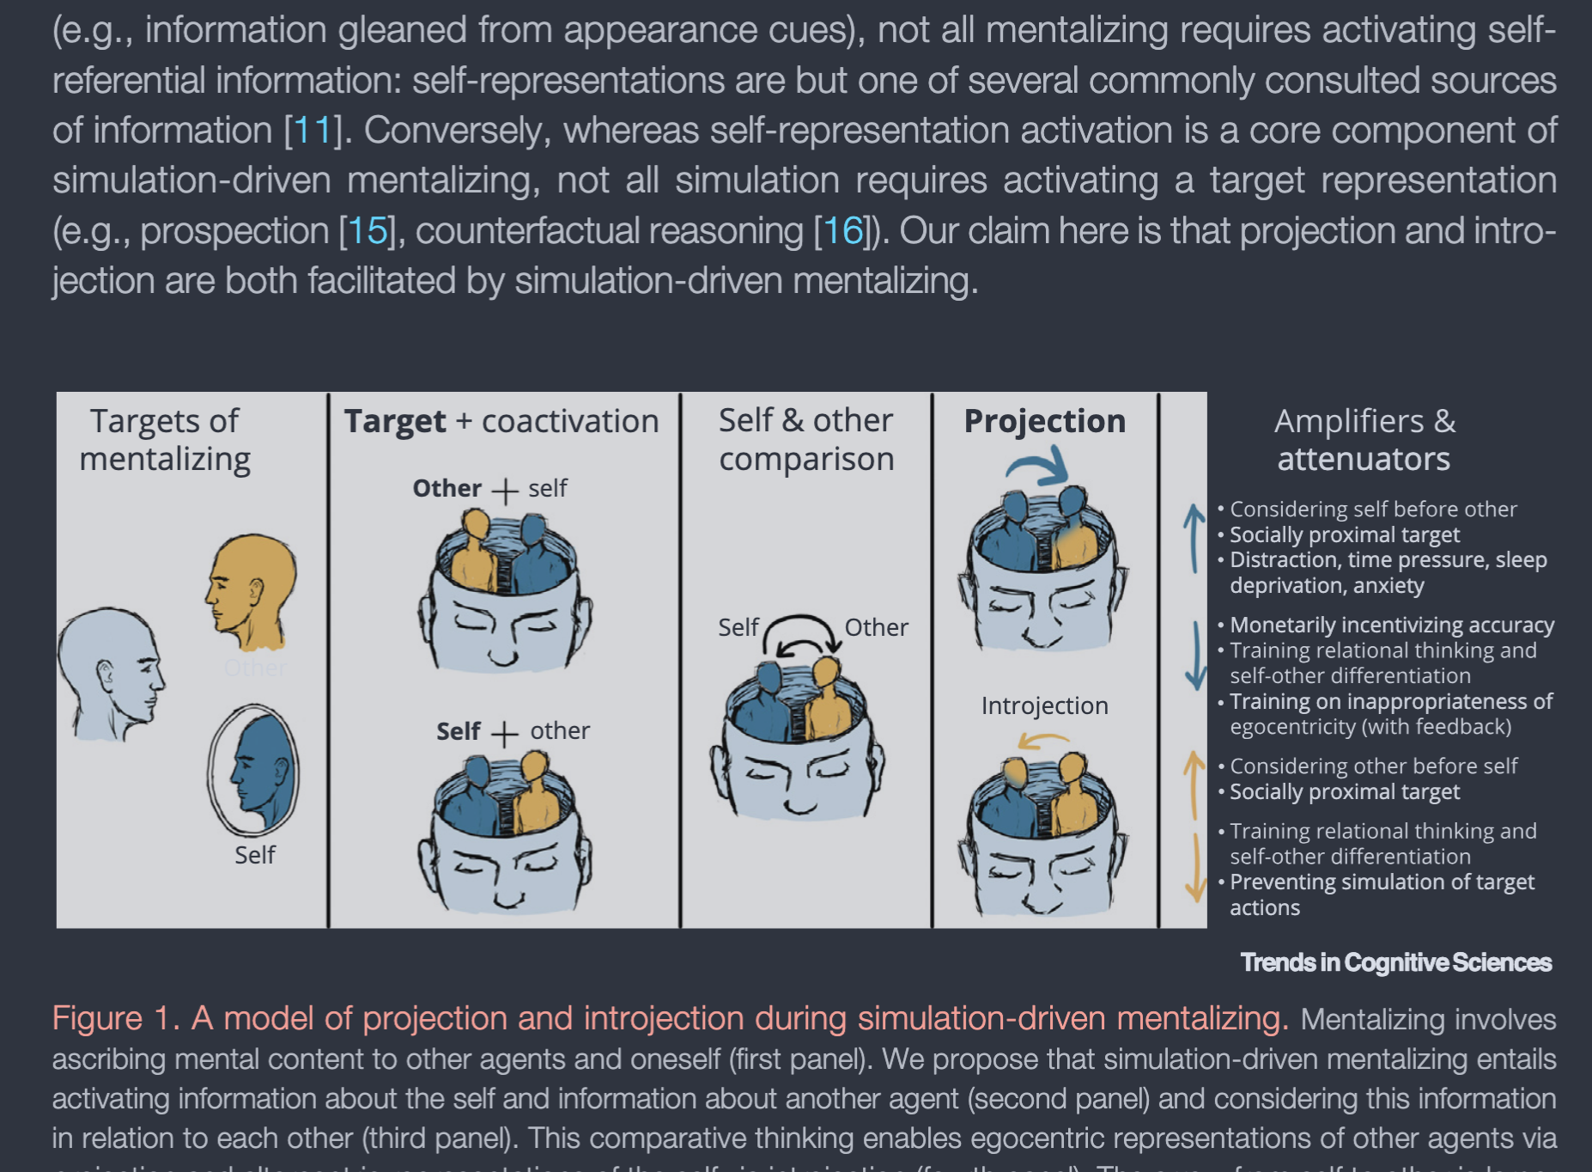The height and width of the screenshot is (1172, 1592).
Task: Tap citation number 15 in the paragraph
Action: point(368,230)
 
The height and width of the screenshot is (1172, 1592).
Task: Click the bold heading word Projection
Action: point(1044,421)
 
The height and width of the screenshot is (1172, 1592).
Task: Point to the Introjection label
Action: point(1044,705)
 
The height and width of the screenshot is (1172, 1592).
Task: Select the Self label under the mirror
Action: point(255,855)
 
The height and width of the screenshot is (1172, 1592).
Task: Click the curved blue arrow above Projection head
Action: point(1039,467)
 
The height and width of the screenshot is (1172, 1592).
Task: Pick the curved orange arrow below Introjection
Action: point(1042,741)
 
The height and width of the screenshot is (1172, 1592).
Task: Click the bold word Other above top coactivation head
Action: point(447,488)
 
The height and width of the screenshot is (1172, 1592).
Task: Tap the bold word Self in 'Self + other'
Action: point(458,731)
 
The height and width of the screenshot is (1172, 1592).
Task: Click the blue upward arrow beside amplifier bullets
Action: point(1194,538)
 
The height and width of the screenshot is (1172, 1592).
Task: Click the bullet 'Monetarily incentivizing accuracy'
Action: point(1391,625)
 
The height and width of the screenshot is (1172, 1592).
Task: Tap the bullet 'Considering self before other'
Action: point(1373,510)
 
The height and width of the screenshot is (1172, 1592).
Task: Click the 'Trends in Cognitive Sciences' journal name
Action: point(1395,962)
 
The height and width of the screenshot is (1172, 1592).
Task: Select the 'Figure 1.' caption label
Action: point(115,1018)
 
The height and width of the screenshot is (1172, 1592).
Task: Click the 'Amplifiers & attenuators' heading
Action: point(1364,440)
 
